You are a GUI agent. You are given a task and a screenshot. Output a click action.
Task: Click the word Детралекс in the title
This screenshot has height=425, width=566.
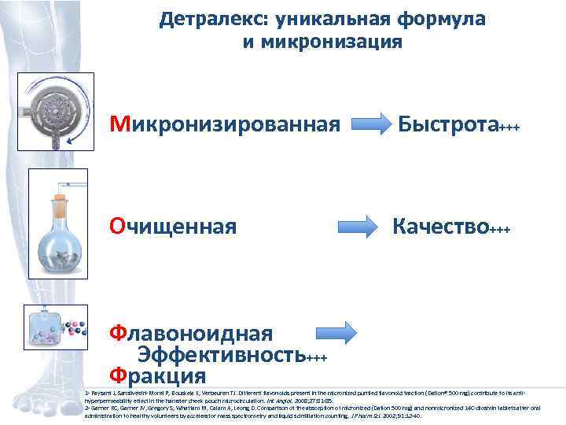(x=206, y=19)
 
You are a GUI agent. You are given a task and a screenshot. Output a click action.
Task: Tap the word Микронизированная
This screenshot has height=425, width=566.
(x=225, y=124)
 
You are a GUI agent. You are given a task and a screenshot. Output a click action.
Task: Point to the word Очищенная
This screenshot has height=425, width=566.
(x=173, y=227)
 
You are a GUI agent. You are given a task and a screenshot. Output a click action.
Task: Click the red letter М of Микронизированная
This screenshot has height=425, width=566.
(x=119, y=124)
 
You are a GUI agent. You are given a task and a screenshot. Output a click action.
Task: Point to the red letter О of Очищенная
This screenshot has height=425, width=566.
(x=117, y=227)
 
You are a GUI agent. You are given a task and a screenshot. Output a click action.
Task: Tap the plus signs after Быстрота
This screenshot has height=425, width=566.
(x=510, y=127)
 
